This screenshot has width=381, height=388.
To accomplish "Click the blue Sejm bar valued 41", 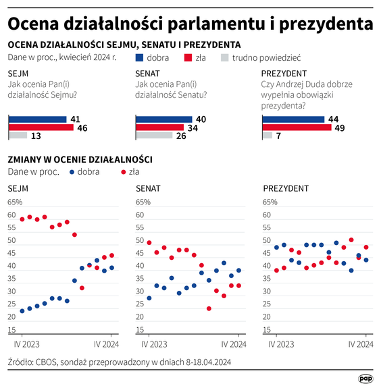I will click(37, 119).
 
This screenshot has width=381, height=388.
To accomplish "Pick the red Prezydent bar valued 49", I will click(296, 128).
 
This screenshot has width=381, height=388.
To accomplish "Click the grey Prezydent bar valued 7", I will click(266, 136).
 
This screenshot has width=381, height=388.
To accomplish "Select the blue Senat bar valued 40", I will click(159, 119).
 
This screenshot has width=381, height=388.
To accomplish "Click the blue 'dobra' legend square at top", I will click(139, 59).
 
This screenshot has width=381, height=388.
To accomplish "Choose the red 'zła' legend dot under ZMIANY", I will click(123, 172).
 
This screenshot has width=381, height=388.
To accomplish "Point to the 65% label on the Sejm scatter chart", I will click(14, 202).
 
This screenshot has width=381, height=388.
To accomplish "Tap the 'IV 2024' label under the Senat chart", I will click(238, 344).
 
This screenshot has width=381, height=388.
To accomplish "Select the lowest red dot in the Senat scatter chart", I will click(209, 308).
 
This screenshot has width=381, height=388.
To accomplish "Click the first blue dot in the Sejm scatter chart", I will click(22, 311).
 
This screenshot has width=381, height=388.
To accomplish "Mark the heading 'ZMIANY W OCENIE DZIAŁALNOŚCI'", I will click(79, 159).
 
